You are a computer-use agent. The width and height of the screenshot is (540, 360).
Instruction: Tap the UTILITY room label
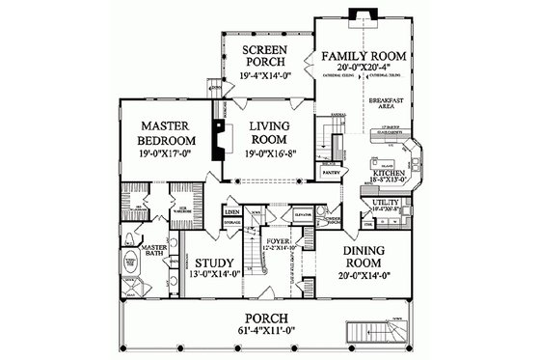coord(386,201)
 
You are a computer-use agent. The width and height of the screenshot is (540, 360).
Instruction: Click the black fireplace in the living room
coord(220,136)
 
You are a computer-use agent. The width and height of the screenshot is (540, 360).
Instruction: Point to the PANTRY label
coord(330,175)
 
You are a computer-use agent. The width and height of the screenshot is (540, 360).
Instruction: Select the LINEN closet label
coord(231,209)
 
